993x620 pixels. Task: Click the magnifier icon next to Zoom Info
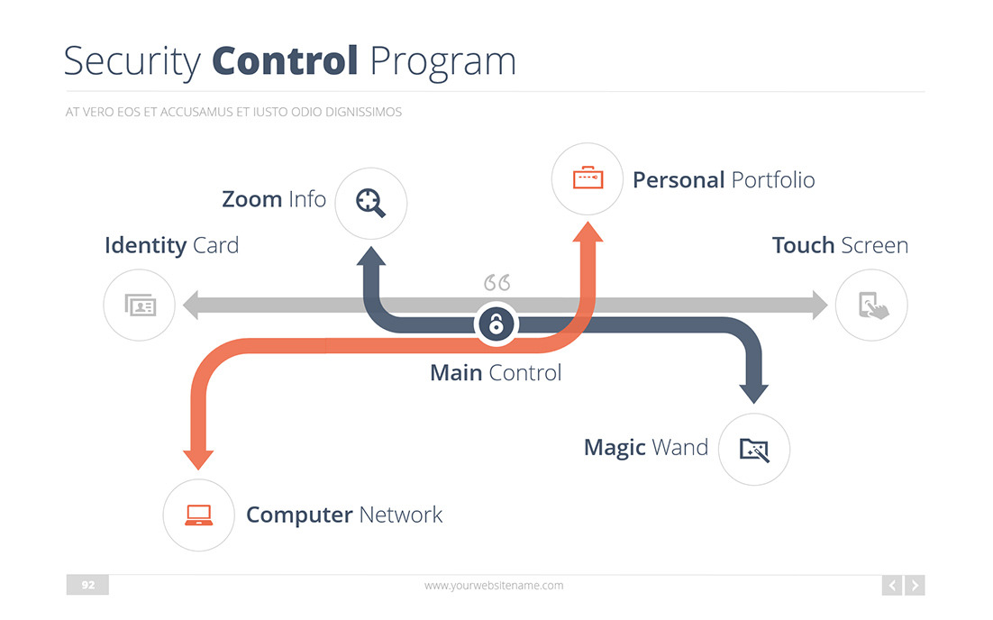point(370,203)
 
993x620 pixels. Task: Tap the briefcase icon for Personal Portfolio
point(588,178)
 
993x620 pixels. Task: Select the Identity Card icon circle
point(140,305)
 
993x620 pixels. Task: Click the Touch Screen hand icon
point(871,305)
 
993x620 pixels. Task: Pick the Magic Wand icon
point(754,449)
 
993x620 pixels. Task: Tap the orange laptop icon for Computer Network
point(198,515)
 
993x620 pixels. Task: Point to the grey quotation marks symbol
point(496,283)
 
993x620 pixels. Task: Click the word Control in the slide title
point(285,60)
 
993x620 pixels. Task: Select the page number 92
point(87,585)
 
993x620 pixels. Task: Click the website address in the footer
point(494,585)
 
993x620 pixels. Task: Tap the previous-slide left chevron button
point(892,586)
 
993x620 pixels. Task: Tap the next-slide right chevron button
point(915,586)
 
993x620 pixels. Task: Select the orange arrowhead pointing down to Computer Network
point(198,457)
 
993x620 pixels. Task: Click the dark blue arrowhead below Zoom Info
point(371,256)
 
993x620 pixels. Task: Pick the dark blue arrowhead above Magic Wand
point(753,392)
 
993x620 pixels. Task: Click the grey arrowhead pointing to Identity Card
point(191,305)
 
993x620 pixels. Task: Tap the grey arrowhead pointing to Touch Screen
point(817,305)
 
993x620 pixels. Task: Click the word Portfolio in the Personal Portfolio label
point(772,179)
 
